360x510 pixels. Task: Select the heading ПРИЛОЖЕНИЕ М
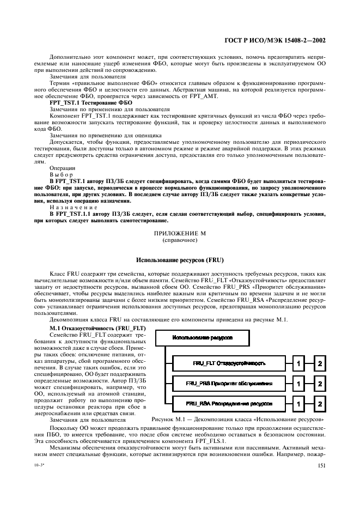click(180, 233)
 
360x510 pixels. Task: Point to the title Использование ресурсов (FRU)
click(180, 259)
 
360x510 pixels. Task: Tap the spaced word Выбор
click(61, 175)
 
